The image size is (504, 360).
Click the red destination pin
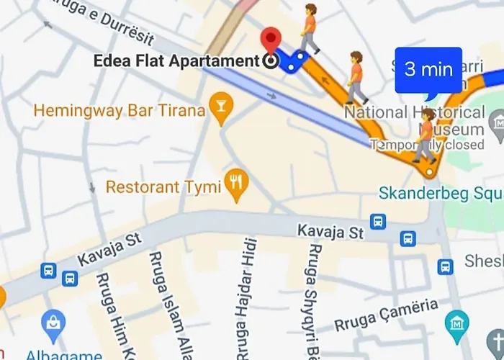271,40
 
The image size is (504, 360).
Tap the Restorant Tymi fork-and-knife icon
235,186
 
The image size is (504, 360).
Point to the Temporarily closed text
428,145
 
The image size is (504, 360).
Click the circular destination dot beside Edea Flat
271,61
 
